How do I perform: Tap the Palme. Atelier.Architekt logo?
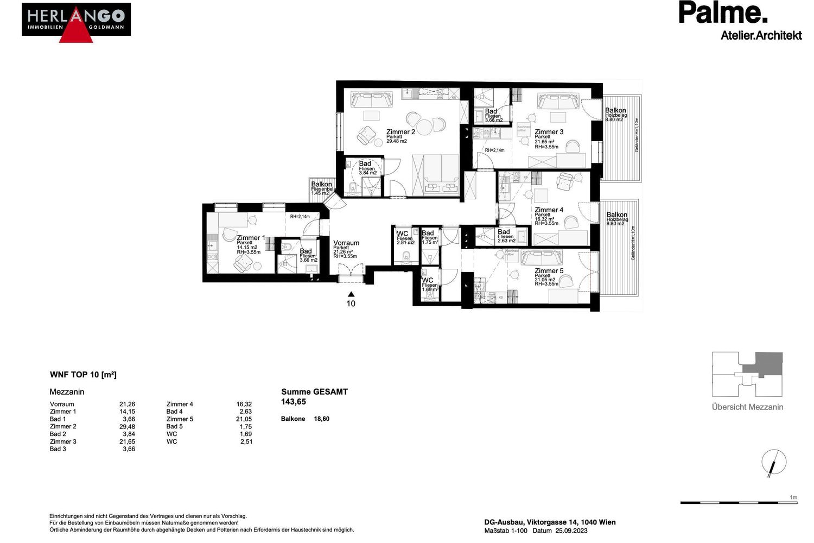point(740,21)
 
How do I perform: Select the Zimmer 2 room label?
point(400,132)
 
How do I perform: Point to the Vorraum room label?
point(346,243)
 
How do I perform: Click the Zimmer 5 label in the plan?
point(549,271)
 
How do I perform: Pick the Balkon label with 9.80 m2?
point(617,215)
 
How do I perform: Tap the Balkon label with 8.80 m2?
point(615,111)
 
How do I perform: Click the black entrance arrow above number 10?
point(351,294)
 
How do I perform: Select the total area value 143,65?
point(294,402)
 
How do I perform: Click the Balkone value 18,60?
point(321,419)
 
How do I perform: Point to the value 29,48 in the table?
point(127,427)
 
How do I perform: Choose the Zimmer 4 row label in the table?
point(180,404)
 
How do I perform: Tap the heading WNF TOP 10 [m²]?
point(83,375)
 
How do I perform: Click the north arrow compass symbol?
point(773,463)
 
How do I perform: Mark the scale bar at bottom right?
point(739,502)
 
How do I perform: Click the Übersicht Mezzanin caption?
point(747,407)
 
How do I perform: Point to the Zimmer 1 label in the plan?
point(250,238)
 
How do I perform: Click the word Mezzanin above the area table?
point(67,392)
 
